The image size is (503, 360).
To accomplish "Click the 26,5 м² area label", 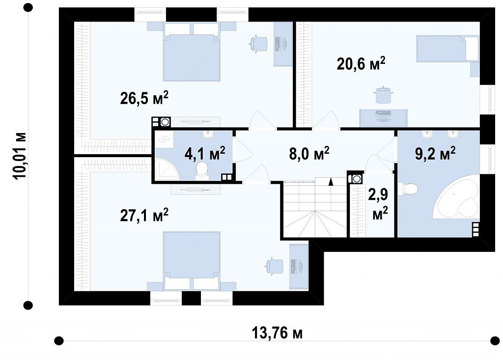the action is [144, 98].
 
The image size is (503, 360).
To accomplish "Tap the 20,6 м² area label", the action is [361, 63].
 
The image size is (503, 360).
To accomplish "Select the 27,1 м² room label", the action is [144, 215].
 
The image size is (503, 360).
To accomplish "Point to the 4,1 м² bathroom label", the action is [205, 153].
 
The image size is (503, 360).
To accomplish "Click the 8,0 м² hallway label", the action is [309, 153].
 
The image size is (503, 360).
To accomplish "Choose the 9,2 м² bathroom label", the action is [435, 153].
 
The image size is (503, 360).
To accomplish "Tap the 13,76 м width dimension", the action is [277, 332].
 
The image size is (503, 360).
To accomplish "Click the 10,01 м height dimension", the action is [20, 156].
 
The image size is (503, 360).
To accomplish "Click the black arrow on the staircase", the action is [331, 182].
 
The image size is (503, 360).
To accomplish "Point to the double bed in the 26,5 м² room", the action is [192, 52].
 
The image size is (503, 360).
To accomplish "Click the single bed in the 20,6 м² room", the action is [447, 49].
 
